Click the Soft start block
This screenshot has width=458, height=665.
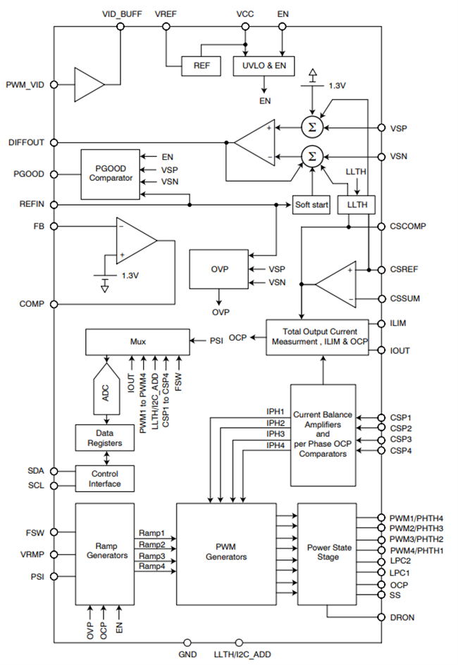pos(311,205)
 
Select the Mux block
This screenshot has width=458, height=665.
pos(136,341)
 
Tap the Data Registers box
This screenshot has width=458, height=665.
pos(105,438)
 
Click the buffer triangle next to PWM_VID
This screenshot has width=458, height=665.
pos(89,85)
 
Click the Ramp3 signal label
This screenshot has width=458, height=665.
pos(151,555)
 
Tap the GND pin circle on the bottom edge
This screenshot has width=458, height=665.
pos(187,642)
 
